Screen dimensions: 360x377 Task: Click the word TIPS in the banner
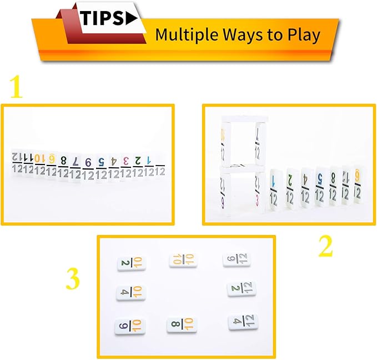(102, 18)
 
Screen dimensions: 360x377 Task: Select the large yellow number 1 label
(17, 88)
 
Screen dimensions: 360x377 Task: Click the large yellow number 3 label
(73, 280)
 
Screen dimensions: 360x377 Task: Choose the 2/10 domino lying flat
(132, 263)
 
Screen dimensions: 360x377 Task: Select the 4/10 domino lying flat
(131, 293)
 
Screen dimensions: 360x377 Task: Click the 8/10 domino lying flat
(182, 324)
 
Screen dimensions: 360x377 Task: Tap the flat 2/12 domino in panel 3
(242, 288)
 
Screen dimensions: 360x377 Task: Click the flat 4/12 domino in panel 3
(243, 322)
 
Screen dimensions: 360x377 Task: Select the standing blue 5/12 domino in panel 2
(319, 187)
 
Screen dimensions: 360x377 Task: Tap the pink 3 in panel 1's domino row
(126, 161)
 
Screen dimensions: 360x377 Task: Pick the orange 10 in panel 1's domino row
(39, 159)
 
